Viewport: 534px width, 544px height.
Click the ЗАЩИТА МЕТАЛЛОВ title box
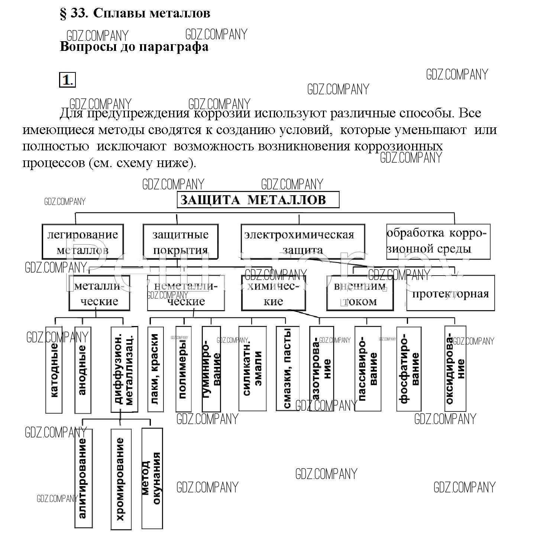pos(258,200)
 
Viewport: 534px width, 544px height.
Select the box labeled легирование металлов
pos(82,241)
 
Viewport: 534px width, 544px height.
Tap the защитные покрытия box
pos(181,241)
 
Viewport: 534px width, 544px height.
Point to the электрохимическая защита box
pos(302,241)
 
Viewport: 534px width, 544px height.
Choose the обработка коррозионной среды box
pos(438,241)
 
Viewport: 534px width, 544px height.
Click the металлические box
pos(99,293)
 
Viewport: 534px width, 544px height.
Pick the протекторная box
pos(450,293)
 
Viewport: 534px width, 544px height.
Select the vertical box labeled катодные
pos(54,370)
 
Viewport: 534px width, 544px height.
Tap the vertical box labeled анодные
pos(82,370)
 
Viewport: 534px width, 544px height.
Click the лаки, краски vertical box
pos(155,369)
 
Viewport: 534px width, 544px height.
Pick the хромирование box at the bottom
pos(121,479)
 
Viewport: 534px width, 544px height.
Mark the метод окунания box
pos(152,479)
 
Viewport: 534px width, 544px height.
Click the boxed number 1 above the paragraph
pos(67,80)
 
